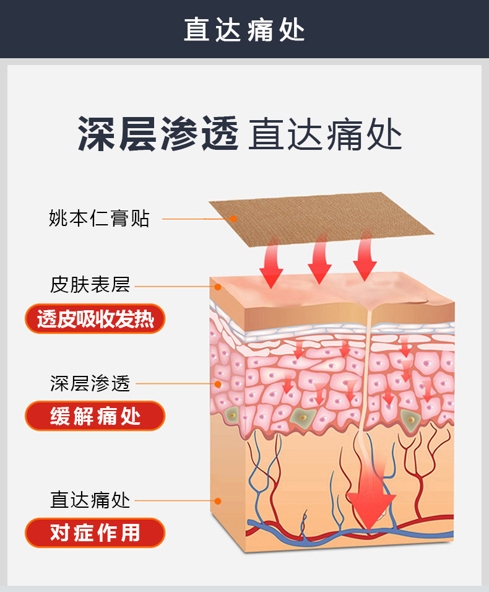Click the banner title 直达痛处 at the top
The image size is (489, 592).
coord(244,30)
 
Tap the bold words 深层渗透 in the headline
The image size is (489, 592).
coord(157,134)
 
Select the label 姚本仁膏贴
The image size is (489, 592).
coord(99,219)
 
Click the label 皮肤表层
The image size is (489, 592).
coord(90,285)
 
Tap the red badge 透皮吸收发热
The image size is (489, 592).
coord(95,319)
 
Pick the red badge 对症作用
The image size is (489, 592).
coord(95,533)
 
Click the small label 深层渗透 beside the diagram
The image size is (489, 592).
coord(90,383)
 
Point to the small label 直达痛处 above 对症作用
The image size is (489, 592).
coord(90,500)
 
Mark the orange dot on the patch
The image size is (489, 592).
coord(233,218)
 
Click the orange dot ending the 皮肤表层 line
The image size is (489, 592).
coord(217,287)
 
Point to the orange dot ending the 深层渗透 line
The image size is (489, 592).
coord(217,384)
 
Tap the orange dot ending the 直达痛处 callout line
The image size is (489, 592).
coord(217,500)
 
